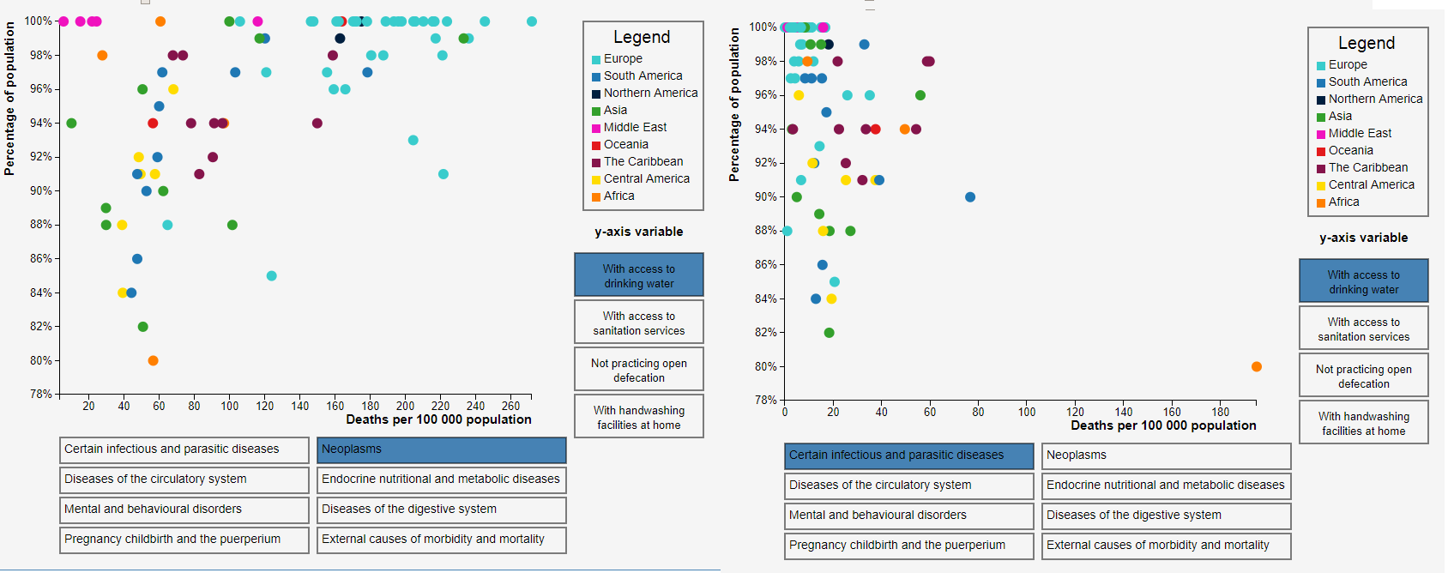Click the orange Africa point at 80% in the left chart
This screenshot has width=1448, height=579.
coord(153,360)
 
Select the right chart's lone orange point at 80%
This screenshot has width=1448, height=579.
coord(1257,366)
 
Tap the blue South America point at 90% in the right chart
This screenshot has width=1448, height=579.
coord(970,197)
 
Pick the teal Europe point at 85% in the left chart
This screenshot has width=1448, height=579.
coord(272,275)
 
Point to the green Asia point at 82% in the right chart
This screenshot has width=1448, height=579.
coord(829,333)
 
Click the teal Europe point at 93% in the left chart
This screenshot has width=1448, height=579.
coord(413,140)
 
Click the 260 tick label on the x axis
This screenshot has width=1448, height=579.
coord(510,406)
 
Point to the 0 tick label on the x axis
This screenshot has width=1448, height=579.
coord(785,413)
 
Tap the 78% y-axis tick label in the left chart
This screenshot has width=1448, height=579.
coord(40,394)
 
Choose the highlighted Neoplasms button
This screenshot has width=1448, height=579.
coord(441,449)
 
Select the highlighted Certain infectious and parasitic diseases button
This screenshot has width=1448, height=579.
coord(908,455)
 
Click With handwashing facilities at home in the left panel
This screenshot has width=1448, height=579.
coord(639,417)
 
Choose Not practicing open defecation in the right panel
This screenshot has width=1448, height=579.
coord(1363,376)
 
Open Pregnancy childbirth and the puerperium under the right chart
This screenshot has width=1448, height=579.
coord(908,546)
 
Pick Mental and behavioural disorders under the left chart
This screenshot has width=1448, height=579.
coord(184,510)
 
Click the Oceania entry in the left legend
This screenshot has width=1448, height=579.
coord(625,144)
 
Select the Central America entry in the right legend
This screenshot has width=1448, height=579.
coord(1371,184)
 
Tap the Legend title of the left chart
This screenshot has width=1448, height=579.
coord(642,37)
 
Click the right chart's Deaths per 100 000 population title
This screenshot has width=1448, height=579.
coord(1163,425)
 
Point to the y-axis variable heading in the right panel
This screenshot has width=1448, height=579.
coord(1363,238)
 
